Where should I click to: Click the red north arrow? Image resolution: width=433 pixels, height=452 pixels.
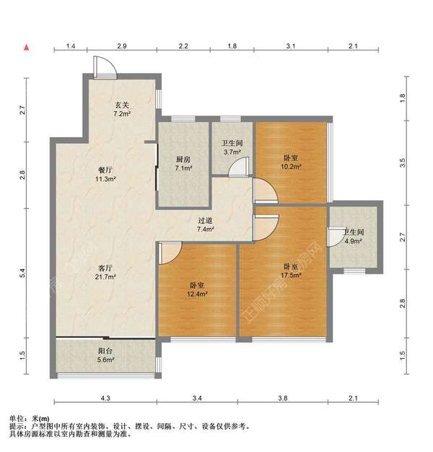pyautogui.click(x=27, y=47)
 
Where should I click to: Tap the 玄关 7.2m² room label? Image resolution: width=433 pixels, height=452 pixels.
pyautogui.click(x=122, y=109)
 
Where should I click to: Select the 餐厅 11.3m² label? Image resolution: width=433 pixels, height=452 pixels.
pyautogui.click(x=105, y=175)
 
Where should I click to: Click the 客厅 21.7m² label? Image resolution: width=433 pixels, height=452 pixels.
pyautogui.click(x=105, y=272)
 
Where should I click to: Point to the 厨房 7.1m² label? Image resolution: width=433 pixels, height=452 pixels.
pyautogui.click(x=183, y=163)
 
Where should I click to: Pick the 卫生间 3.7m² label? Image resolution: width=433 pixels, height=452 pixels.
pyautogui.click(x=232, y=147)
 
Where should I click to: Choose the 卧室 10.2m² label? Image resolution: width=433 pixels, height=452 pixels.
pyautogui.click(x=291, y=162)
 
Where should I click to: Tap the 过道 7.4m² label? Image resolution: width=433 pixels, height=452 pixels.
pyautogui.click(x=206, y=225)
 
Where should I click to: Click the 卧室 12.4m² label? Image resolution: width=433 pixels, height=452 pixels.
pyautogui.click(x=197, y=290)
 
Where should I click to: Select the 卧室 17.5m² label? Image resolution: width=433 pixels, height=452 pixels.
pyautogui.click(x=291, y=271)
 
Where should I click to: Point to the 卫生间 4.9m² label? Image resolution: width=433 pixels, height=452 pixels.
pyautogui.click(x=354, y=236)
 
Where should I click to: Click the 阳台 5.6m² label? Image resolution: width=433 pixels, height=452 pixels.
pyautogui.click(x=105, y=355)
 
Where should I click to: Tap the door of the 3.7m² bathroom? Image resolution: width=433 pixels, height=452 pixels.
pyautogui.click(x=239, y=167)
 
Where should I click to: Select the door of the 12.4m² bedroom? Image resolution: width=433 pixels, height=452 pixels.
pyautogui.click(x=170, y=253)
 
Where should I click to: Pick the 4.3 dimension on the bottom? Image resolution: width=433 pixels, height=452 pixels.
pyautogui.click(x=105, y=398)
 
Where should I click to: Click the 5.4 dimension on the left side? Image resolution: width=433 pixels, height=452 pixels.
pyautogui.click(x=22, y=273)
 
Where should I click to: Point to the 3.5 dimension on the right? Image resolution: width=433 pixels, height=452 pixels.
pyautogui.click(x=403, y=162)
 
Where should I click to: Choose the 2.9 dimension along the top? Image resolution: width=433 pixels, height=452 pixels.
pyautogui.click(x=122, y=45)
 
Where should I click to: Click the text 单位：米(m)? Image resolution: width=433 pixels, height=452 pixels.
pyautogui.click(x=29, y=419)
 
